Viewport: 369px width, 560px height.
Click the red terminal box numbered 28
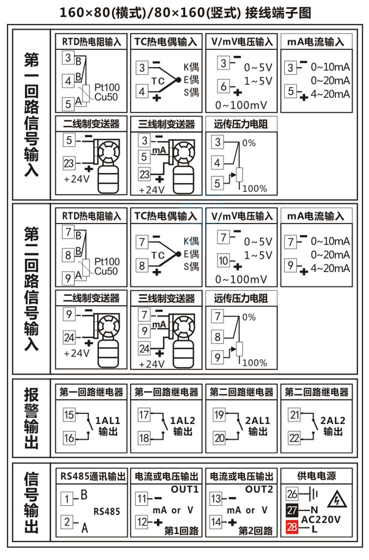pyautogui.click(x=292, y=528)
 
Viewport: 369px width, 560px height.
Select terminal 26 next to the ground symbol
pyautogui.click(x=292, y=494)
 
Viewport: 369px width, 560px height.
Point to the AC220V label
pyautogui.click(x=321, y=519)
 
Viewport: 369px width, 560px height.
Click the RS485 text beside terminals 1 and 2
pyautogui.click(x=107, y=511)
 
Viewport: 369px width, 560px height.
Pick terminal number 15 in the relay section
pyautogui.click(x=69, y=415)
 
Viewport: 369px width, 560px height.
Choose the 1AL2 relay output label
pyautogui.click(x=183, y=421)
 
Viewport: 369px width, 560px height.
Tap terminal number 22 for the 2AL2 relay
pyautogui.click(x=294, y=437)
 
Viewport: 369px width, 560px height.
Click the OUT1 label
pyautogui.click(x=184, y=490)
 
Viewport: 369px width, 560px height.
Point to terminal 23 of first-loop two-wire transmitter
pyautogui.click(x=69, y=163)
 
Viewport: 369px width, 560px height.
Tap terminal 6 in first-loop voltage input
pyautogui.click(x=223, y=86)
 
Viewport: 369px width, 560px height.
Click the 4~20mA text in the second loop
pyautogui.click(x=330, y=268)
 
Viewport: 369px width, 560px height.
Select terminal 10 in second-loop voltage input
pyautogui.click(x=224, y=261)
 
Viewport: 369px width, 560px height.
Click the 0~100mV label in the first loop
pyautogui.click(x=241, y=105)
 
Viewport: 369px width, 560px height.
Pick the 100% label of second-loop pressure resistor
pyautogui.click(x=255, y=363)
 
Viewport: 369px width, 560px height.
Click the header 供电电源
pyautogui.click(x=316, y=476)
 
